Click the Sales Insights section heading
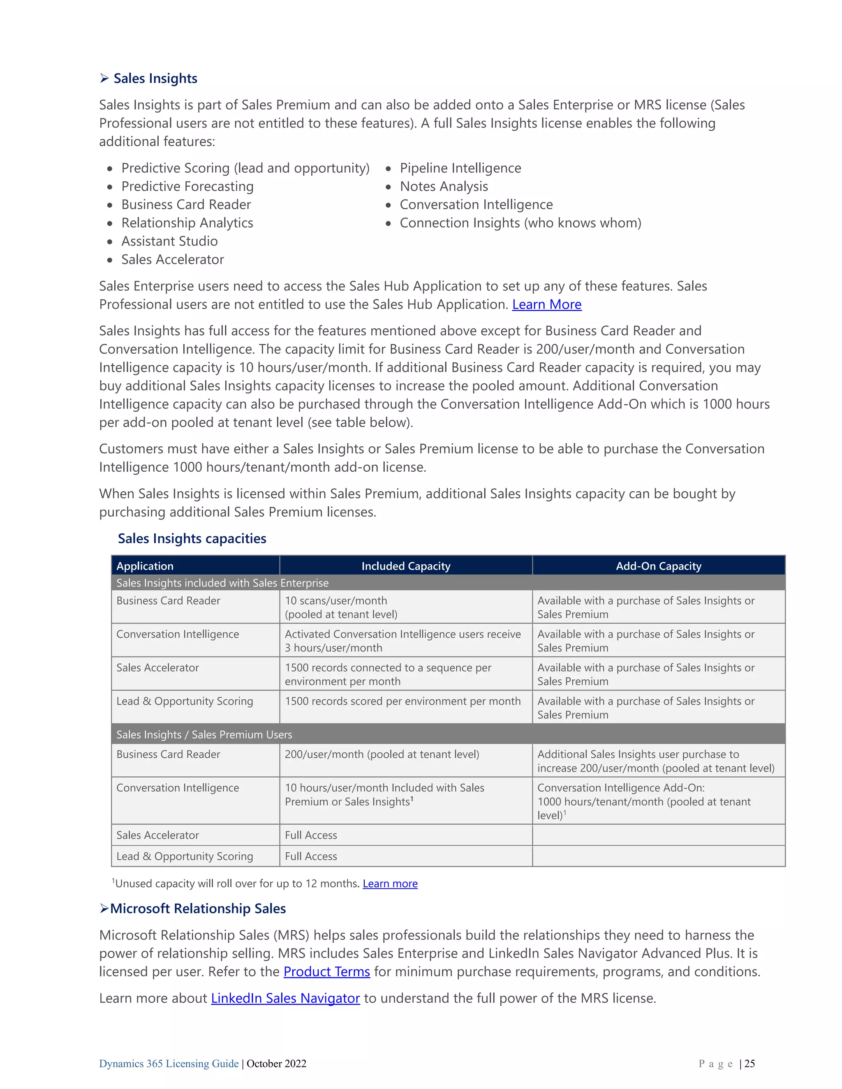pyautogui.click(x=155, y=78)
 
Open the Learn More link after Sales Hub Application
pyautogui.click(x=547, y=304)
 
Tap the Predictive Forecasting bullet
pyautogui.click(x=187, y=187)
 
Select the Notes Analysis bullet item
pyautogui.click(x=444, y=187)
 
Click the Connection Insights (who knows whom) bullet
pyautogui.click(x=520, y=223)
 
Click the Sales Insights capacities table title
pyautogui.click(x=192, y=538)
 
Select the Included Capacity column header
pyautogui.click(x=405, y=566)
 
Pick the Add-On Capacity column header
pyautogui.click(x=659, y=566)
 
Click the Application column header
pyautogui.click(x=145, y=566)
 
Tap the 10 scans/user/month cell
pyautogui.click(x=341, y=607)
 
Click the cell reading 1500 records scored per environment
pyautogui.click(x=402, y=701)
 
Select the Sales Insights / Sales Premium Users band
pyautogui.click(x=204, y=734)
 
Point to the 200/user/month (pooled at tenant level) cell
pyautogui.click(x=382, y=754)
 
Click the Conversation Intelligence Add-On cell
pyautogui.click(x=643, y=801)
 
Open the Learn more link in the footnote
pyautogui.click(x=390, y=884)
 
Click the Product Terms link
pyautogui.click(x=327, y=972)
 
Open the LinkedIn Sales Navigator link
pyautogui.click(x=285, y=998)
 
